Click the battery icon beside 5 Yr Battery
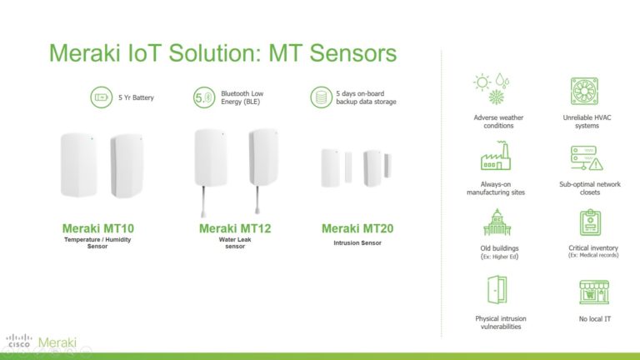(x=101, y=97)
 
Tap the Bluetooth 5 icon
(x=204, y=97)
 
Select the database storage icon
(x=321, y=97)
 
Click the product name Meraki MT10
(x=98, y=228)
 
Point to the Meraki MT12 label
(x=235, y=228)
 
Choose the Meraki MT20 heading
(x=357, y=228)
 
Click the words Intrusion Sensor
(x=357, y=242)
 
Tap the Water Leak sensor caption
(x=235, y=242)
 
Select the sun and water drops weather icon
(x=492, y=88)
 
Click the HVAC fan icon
(x=584, y=91)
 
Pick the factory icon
(x=496, y=156)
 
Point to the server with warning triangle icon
(x=587, y=158)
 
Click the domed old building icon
(x=497, y=222)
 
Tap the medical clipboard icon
(x=590, y=222)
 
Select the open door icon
(x=497, y=290)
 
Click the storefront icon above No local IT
(x=594, y=292)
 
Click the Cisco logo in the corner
(x=19, y=341)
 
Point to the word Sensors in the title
(x=353, y=53)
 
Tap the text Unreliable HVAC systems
(x=587, y=122)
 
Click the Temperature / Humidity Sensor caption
(x=97, y=242)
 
